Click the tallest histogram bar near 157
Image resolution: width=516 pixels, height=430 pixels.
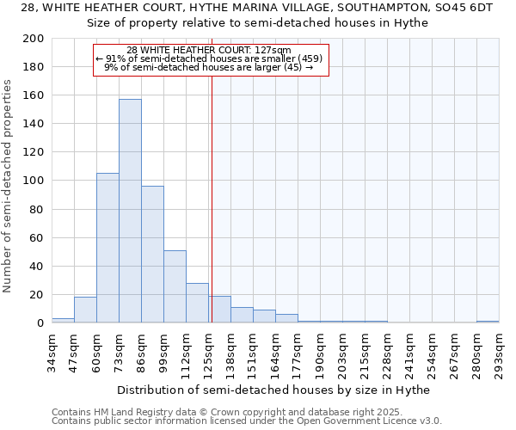130,211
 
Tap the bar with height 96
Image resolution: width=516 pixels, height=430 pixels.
152,254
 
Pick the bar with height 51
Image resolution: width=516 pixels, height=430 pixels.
175,286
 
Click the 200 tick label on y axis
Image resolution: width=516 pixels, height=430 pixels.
34,39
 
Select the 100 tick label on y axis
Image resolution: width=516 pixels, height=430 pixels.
34,181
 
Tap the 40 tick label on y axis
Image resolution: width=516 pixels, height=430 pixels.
37,266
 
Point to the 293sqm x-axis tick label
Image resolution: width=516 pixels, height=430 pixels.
500,351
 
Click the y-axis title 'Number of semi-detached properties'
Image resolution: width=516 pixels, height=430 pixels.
9,186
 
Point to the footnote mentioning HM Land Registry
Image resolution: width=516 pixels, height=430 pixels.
245,412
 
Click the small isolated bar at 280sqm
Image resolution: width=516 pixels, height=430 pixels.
488,322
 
